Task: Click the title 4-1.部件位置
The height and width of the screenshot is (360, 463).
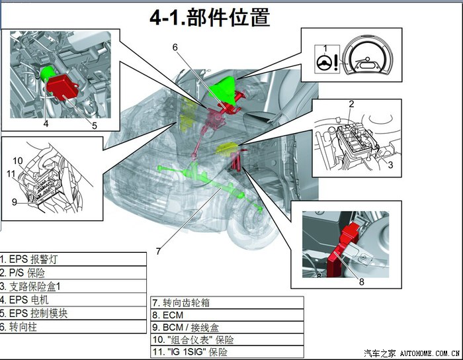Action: [210, 17]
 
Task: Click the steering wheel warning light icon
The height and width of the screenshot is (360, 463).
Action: [325, 65]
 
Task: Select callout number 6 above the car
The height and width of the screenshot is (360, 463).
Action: [176, 47]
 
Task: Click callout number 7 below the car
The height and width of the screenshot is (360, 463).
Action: [158, 251]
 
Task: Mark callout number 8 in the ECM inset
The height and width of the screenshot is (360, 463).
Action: [362, 282]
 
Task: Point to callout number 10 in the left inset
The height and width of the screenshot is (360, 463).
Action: [18, 161]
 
